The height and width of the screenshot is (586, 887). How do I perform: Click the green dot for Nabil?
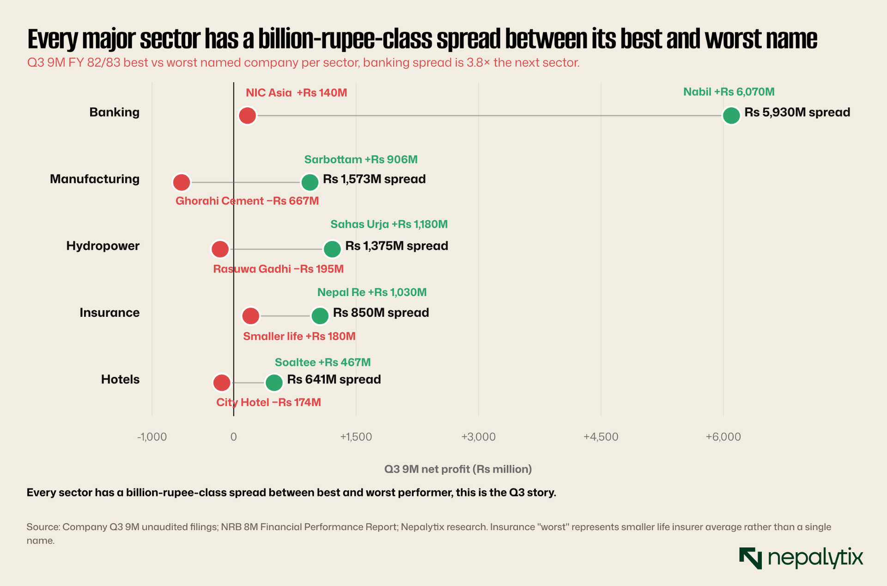[731, 115]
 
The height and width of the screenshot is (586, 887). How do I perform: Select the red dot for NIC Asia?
[247, 115]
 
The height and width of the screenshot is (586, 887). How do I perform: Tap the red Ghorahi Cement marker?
[181, 182]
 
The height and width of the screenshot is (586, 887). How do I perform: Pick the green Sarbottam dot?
[310, 182]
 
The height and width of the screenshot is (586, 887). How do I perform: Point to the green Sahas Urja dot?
[332, 249]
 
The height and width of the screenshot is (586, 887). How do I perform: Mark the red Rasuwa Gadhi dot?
[220, 249]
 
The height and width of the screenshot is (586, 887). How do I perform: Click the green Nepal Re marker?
[320, 316]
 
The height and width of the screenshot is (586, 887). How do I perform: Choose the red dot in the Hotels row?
[222, 383]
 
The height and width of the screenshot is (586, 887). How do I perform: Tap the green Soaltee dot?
[274, 383]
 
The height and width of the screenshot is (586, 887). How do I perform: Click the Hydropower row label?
[103, 246]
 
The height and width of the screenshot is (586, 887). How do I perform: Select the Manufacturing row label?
[95, 179]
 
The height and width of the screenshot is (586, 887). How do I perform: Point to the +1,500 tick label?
[356, 437]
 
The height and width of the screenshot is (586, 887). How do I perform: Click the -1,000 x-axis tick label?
[152, 437]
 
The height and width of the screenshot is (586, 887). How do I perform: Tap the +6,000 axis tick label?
[723, 437]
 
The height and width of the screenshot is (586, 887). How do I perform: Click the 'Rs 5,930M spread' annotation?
[797, 112]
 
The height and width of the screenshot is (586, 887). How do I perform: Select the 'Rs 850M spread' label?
[381, 313]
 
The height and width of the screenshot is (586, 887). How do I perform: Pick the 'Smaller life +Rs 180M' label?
[299, 336]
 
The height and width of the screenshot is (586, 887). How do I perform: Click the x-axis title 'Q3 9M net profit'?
[458, 469]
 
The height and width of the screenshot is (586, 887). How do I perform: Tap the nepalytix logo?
[801, 558]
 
